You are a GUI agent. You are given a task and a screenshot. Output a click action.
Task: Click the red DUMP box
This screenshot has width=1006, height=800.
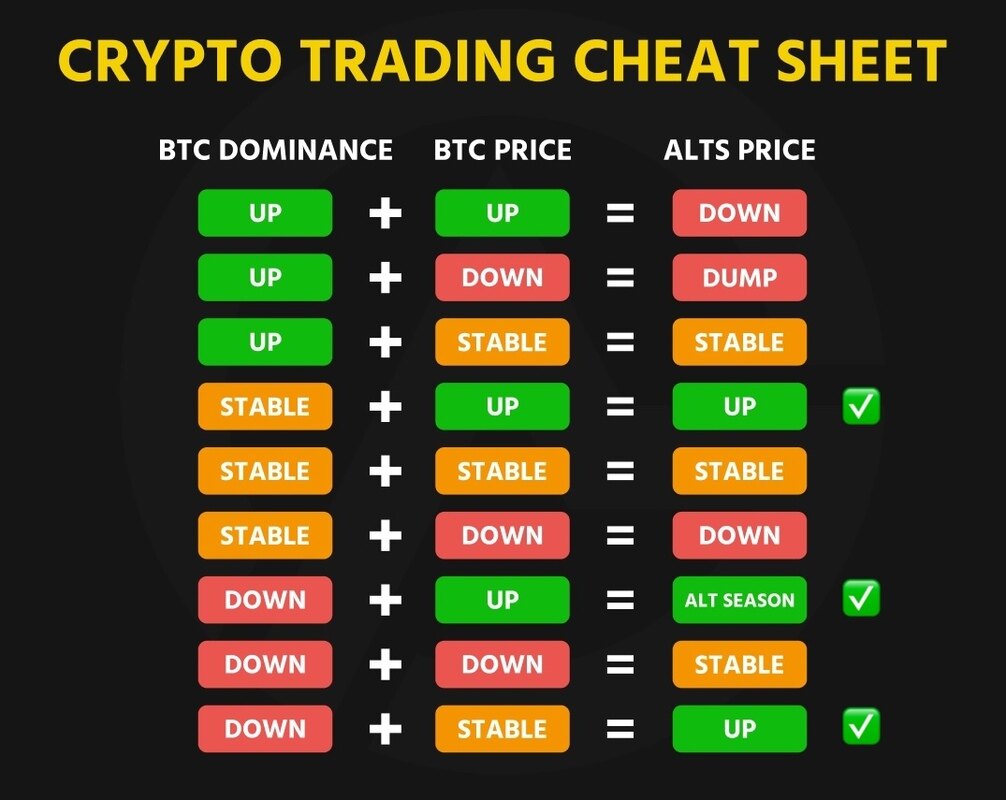pyautogui.click(x=739, y=277)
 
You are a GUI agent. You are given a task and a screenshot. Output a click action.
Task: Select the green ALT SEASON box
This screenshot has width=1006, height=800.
pyautogui.click(x=739, y=600)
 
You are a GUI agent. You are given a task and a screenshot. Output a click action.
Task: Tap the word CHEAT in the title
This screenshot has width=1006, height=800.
pyautogui.click(x=666, y=60)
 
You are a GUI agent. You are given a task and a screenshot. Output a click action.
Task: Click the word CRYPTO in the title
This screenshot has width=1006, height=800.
pyautogui.click(x=170, y=60)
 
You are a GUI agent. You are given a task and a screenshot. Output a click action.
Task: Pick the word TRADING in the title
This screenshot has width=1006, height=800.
pyautogui.click(x=429, y=60)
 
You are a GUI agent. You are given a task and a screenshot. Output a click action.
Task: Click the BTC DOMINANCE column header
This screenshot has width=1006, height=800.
pyautogui.click(x=275, y=150)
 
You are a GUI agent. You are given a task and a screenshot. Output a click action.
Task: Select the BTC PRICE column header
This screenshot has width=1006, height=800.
pyautogui.click(x=502, y=150)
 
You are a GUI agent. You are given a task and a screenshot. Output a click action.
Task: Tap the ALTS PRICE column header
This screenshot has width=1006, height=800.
pyautogui.click(x=739, y=150)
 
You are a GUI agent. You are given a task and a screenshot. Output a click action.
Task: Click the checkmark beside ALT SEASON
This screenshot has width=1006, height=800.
pyautogui.click(x=861, y=598)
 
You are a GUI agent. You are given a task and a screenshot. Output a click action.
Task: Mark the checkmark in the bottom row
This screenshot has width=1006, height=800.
pyautogui.click(x=861, y=727)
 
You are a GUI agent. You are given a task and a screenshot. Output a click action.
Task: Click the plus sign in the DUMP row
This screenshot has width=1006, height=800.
pyautogui.click(x=386, y=278)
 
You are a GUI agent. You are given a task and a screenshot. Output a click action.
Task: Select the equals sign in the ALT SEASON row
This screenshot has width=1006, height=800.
pyautogui.click(x=620, y=600)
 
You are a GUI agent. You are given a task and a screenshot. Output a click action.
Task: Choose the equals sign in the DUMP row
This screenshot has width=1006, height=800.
pyautogui.click(x=620, y=278)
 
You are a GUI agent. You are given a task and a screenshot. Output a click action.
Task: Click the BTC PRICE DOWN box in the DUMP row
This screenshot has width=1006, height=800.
pyautogui.click(x=502, y=277)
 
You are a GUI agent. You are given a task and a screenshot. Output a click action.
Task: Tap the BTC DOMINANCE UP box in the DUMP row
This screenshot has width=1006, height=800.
pyautogui.click(x=265, y=277)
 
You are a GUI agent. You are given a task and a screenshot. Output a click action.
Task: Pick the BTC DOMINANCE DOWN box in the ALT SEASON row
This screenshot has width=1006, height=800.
pyautogui.click(x=265, y=600)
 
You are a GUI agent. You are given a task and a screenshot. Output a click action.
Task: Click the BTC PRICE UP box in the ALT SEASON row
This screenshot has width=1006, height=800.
pyautogui.click(x=502, y=600)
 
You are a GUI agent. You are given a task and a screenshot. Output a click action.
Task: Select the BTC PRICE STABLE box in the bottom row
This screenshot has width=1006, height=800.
pyautogui.click(x=502, y=729)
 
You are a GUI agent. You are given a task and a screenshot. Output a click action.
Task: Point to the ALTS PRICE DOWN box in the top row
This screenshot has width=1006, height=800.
pyautogui.click(x=739, y=213)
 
